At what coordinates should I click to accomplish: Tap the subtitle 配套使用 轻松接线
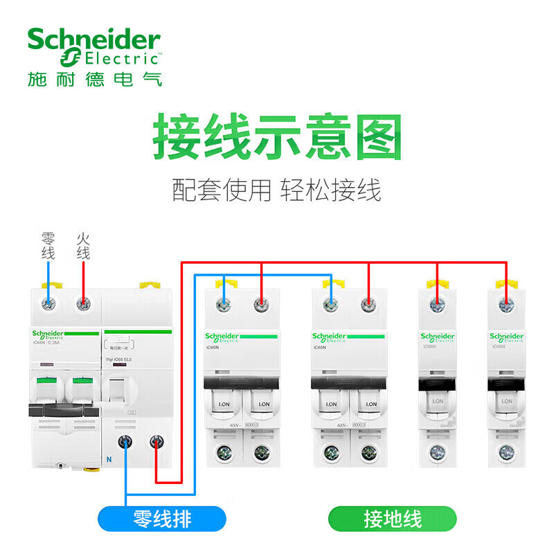pos(277,189)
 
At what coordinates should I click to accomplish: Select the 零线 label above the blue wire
pos(48,247)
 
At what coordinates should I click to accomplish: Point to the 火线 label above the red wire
pos(83,247)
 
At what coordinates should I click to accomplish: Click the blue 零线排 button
pos(163,519)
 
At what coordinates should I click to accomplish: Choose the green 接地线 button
pos(393,519)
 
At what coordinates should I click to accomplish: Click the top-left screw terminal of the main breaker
pos(48,303)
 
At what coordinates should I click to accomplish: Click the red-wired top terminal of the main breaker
pos(83,303)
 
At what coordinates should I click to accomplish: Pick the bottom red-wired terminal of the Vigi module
pos(158,440)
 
